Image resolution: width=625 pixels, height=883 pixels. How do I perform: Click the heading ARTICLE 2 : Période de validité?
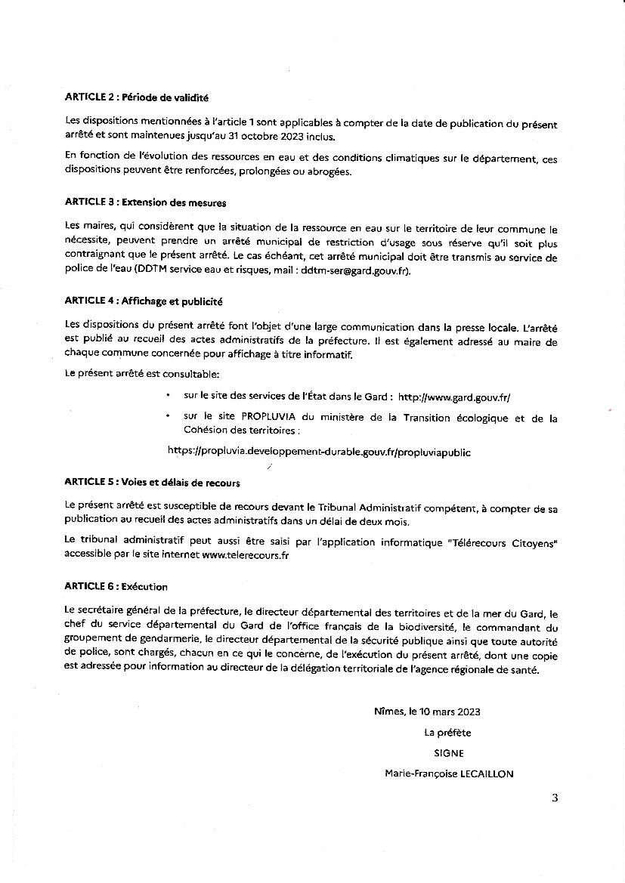tap(136, 97)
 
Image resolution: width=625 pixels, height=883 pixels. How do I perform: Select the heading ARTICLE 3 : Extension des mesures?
tap(145, 202)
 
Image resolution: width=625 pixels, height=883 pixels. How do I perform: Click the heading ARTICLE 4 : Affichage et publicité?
tap(144, 301)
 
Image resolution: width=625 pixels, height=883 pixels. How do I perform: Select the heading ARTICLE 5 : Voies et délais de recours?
tap(152, 482)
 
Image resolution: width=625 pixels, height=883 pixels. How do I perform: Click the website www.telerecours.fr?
tap(246, 555)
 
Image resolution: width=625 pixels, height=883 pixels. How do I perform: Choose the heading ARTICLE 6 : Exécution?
tap(116, 586)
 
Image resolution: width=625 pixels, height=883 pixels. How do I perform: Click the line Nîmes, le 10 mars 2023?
tap(427, 712)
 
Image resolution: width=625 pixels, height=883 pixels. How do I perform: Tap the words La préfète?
tap(447, 732)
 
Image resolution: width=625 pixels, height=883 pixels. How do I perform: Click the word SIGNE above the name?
tap(449, 753)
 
